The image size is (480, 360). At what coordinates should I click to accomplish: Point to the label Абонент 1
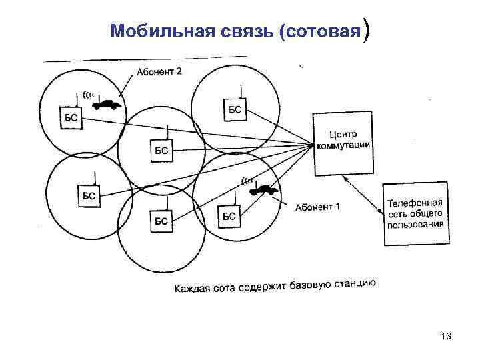[x=317, y=207]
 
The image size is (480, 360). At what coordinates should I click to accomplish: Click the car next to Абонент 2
[x=106, y=105]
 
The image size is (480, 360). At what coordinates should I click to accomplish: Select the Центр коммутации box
[x=342, y=143]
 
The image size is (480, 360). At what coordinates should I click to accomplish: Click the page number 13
[x=446, y=338]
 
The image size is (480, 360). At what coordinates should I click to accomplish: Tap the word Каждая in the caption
[x=193, y=288]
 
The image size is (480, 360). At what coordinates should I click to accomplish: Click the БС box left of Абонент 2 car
[x=72, y=118]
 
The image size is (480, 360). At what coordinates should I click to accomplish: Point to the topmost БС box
[x=235, y=109]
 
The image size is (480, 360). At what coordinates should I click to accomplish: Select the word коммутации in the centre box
[x=343, y=147]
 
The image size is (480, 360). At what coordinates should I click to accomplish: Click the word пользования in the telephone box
[x=415, y=224]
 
